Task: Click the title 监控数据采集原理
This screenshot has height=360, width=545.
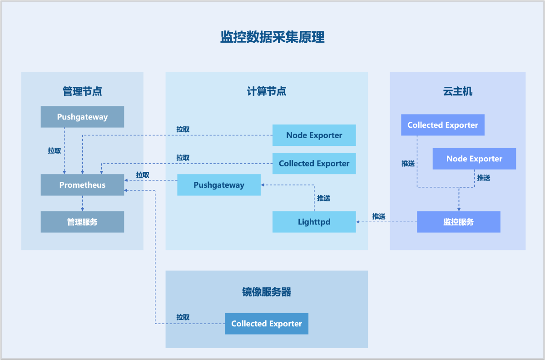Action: coord(272,37)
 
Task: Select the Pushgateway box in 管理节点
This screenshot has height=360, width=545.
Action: coord(82,117)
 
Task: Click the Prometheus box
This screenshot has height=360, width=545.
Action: coord(82,185)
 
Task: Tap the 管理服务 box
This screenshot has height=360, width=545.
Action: coord(82,222)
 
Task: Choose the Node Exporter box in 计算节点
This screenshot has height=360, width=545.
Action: coord(314,135)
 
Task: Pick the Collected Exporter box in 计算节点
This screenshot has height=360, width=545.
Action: coord(314,164)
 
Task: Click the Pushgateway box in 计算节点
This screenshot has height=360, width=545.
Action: coord(219,185)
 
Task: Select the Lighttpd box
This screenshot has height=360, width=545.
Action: coord(314,222)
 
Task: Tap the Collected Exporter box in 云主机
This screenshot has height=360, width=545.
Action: coord(442,125)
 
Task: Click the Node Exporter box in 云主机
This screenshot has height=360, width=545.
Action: coord(474,159)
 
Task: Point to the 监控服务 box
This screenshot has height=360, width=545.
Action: coord(458,222)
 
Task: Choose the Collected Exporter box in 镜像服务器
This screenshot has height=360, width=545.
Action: coord(267,324)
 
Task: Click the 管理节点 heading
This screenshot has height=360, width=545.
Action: coord(82,91)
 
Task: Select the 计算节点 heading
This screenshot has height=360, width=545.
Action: coord(267,91)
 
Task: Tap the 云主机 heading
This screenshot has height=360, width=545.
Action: coord(457,91)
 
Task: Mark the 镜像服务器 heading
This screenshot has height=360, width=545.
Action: coord(267,292)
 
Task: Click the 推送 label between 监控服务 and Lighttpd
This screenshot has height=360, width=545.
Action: coord(379,217)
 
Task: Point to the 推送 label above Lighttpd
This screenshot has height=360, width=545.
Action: coord(323,198)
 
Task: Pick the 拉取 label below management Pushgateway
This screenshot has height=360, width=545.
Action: coord(54,151)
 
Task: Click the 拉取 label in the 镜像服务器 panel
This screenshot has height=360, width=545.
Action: coord(183,317)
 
